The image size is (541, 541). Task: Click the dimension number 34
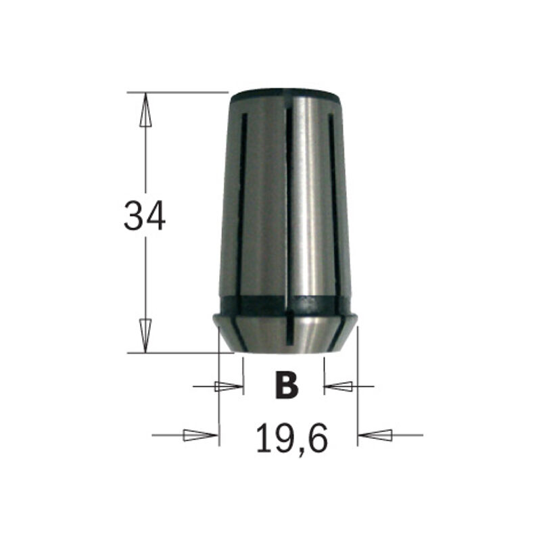[x=144, y=216]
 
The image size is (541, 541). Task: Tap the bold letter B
[x=287, y=385]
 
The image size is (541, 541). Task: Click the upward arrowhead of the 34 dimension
[x=144, y=112]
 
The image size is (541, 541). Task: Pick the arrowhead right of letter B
[x=338, y=387]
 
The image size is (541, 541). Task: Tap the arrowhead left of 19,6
[x=199, y=435]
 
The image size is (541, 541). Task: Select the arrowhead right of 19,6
[x=376, y=435]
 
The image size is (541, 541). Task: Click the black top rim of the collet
[x=284, y=97]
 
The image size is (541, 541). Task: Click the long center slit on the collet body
[x=288, y=203]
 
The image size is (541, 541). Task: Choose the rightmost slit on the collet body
[x=332, y=189]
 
